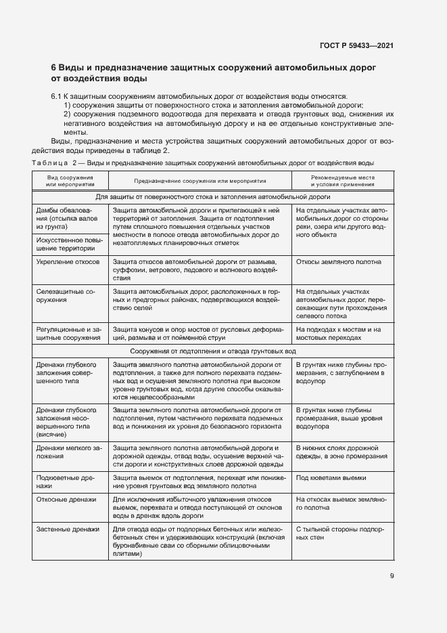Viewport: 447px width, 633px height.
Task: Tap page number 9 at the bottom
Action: [x=392, y=577]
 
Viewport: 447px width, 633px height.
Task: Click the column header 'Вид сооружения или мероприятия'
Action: [x=66, y=180]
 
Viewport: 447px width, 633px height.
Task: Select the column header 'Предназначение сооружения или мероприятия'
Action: [x=199, y=181]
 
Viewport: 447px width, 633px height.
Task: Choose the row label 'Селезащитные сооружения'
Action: [x=66, y=294]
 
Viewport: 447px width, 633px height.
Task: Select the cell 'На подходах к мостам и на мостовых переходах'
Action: [x=339, y=332]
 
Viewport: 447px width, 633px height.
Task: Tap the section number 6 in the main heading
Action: [x=54, y=68]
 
